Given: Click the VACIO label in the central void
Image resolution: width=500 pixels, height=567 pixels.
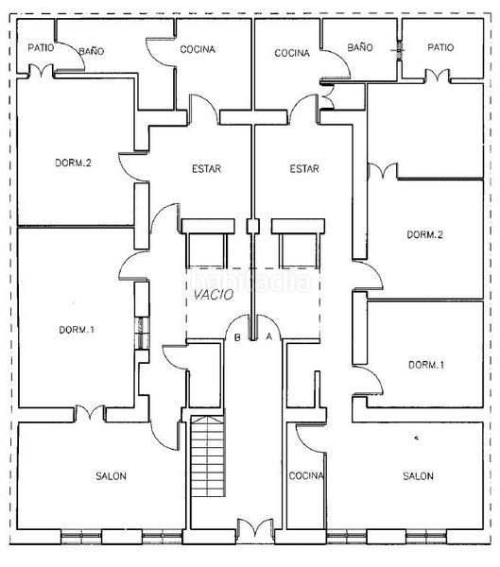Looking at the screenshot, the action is coord(214,295).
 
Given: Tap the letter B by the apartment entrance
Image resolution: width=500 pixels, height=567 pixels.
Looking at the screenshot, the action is coord(237,337).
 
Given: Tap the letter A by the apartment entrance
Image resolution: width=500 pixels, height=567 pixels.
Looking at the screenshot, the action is coord(268,336).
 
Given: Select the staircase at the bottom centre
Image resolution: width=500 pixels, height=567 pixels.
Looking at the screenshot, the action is coord(208,456).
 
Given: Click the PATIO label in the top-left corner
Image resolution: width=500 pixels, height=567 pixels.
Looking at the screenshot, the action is coord(41,47).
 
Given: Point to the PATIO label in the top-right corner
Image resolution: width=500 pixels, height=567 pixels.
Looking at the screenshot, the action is coord(440,47).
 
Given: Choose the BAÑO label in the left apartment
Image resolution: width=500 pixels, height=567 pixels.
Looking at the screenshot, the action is coord(92,51).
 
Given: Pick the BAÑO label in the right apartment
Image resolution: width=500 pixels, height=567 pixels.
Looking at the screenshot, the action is coord(360,47).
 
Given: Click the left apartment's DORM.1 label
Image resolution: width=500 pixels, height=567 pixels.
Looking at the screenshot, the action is coord(77,330).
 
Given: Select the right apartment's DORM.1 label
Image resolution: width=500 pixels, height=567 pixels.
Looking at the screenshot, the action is coord(426,365).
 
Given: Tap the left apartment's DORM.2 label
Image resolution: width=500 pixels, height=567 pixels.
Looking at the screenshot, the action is coord(73,163).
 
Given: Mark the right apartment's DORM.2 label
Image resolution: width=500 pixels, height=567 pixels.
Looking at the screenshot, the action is coord(424,234).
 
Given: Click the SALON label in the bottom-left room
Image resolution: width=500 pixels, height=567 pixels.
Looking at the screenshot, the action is coord(112,476).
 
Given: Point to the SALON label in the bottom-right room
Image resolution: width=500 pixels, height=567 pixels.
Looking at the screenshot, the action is coord(418,476).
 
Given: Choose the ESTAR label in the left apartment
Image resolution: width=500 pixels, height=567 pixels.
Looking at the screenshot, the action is coord(207,168).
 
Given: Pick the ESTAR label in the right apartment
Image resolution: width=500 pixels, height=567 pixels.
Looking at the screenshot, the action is coord(304,168).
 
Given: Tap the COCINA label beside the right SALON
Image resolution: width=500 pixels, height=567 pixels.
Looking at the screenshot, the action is coord(306,475).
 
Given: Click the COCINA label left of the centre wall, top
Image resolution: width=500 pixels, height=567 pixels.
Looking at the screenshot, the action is coord(198,49).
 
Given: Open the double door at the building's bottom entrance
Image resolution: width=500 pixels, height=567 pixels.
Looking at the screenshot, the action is coord(255,527).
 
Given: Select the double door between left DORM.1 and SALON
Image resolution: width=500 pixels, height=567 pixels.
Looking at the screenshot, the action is coord(90,412).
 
